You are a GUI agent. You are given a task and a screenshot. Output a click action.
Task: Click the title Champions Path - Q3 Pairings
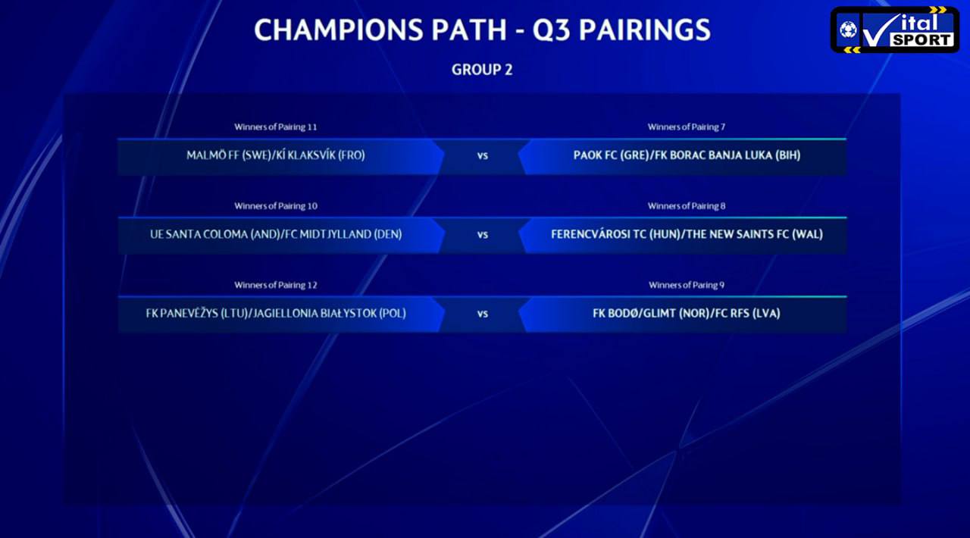[482, 30]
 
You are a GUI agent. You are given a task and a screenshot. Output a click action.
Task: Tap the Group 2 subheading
[482, 70]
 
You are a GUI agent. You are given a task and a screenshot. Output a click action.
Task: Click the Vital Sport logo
[895, 30]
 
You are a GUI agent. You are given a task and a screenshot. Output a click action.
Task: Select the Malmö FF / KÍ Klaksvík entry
[276, 155]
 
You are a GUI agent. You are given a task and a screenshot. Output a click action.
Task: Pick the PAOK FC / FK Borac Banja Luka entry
[687, 155]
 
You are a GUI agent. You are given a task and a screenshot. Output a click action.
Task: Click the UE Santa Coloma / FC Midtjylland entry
[276, 234]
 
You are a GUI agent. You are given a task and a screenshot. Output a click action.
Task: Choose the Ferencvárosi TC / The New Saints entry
[687, 234]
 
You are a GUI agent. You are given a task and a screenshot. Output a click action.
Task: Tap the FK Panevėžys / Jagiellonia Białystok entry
[276, 313]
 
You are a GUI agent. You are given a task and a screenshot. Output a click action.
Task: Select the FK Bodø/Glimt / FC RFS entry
[687, 313]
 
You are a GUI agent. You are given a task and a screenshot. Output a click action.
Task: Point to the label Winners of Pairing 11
[276, 127]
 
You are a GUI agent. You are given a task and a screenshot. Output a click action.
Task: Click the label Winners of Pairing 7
[687, 127]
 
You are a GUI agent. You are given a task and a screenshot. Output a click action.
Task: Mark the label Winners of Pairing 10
[276, 206]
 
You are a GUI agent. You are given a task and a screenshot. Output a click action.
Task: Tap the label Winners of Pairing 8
[687, 206]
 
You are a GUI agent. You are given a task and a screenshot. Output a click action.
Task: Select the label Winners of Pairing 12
[276, 285]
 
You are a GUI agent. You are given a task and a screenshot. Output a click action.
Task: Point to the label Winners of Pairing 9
[687, 285]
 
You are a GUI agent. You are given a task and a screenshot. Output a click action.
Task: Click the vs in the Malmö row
[483, 156]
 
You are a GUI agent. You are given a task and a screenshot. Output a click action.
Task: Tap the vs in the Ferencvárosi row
[483, 235]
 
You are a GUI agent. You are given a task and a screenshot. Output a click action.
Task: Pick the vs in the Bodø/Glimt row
[483, 314]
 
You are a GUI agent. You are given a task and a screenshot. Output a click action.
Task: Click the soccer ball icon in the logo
[848, 30]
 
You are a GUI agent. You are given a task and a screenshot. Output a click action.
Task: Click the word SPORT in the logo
[922, 40]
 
